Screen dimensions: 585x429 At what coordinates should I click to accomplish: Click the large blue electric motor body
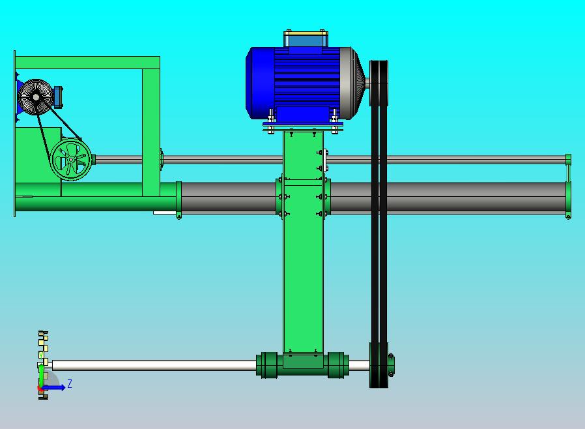click(x=298, y=83)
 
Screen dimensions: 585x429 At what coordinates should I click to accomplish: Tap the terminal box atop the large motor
click(x=306, y=38)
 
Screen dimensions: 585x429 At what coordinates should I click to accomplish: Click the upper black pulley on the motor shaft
click(x=378, y=83)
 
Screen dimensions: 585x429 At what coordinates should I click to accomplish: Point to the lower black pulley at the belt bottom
click(x=378, y=365)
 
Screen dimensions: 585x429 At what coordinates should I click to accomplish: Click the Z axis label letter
click(x=70, y=383)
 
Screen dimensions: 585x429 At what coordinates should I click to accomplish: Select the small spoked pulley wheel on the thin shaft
click(x=71, y=160)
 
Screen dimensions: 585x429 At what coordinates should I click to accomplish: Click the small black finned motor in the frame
click(x=35, y=97)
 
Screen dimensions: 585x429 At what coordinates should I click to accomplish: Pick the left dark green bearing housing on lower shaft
click(x=267, y=365)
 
